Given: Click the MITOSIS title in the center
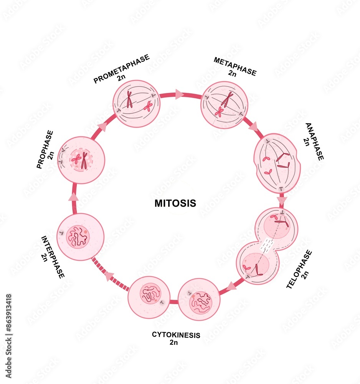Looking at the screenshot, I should [x=175, y=203].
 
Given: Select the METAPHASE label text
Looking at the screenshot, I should [x=235, y=66].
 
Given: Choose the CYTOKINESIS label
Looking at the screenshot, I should [x=176, y=335].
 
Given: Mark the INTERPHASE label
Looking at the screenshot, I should [x=53, y=256].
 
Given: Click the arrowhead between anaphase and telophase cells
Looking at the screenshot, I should [x=282, y=200].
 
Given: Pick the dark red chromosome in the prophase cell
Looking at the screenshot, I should [x=84, y=161].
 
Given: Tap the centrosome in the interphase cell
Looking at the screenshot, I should [x=61, y=233].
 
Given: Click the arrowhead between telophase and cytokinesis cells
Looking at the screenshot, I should [x=231, y=286].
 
